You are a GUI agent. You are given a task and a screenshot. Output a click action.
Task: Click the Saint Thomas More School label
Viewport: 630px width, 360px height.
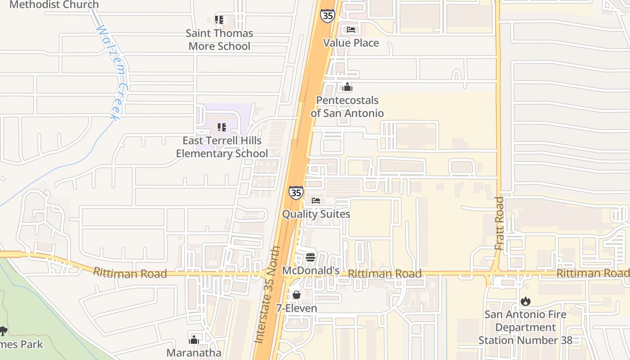pyautogui.click(x=220, y=40)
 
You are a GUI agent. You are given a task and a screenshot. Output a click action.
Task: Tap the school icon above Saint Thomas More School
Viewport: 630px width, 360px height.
pyautogui.click(x=219, y=20)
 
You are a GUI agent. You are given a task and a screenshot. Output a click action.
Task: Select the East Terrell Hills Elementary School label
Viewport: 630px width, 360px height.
pyautogui.click(x=222, y=147)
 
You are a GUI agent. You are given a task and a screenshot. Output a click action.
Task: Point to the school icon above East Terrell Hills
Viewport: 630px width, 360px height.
pyautogui.click(x=222, y=127)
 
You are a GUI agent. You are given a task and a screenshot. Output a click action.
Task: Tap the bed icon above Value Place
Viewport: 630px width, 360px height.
pyautogui.click(x=351, y=30)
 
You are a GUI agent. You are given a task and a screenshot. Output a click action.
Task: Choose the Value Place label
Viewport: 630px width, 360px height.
pyautogui.click(x=351, y=43)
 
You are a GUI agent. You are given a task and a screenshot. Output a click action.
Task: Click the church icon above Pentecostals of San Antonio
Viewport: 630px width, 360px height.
pyautogui.click(x=347, y=87)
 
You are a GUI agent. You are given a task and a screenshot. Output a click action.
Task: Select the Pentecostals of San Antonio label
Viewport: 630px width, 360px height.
pyautogui.click(x=347, y=107)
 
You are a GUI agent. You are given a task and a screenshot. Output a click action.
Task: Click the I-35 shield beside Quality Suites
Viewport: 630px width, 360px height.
pyautogui.click(x=296, y=193)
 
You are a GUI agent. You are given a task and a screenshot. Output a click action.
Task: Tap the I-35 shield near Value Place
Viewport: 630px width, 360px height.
pyautogui.click(x=327, y=15)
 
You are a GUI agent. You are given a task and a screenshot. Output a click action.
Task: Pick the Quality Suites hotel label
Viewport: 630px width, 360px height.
pyautogui.click(x=316, y=214)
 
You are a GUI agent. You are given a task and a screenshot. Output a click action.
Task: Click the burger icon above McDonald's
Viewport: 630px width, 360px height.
pyautogui.click(x=310, y=257)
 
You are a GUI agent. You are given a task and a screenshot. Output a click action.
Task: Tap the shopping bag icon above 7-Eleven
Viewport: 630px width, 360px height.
pyautogui.click(x=297, y=295)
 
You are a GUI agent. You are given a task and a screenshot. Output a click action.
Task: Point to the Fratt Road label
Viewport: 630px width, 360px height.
pyautogui.click(x=499, y=223)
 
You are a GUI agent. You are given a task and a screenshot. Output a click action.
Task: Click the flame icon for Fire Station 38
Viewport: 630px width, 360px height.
pyautogui.click(x=525, y=301)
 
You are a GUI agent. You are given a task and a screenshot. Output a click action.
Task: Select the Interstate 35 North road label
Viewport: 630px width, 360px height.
pyautogui.click(x=267, y=295)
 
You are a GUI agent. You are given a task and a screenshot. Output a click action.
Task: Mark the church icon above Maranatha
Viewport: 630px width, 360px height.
pyautogui.click(x=194, y=339)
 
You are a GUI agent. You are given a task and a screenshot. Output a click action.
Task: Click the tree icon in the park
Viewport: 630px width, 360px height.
pyautogui.click(x=4, y=331)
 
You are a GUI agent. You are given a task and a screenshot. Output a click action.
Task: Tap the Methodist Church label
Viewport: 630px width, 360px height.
pyautogui.click(x=54, y=5)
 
